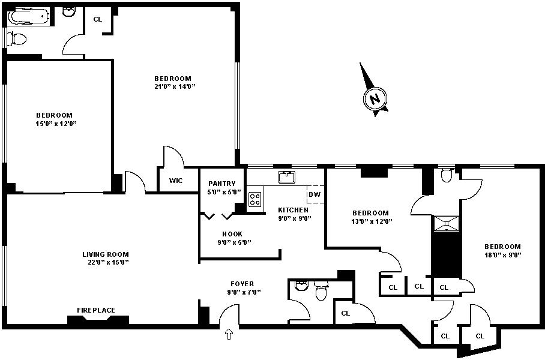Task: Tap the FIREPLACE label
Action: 96,310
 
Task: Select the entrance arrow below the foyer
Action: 229,334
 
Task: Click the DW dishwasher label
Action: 314,194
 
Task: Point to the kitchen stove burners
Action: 255,199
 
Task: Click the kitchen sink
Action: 287,177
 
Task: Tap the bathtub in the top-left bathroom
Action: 28,17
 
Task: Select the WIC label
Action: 176,181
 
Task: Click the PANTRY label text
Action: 222,184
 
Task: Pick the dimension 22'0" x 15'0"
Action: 106,262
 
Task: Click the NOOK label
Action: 232,234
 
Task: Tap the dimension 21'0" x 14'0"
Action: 173,86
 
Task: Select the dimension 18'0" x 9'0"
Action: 502,255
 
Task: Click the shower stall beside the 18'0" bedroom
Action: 446,223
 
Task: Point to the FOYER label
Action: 242,284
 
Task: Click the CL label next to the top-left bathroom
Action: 98,19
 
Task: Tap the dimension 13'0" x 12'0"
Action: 370,221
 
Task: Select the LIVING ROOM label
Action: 106,254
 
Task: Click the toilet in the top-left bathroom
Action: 18,40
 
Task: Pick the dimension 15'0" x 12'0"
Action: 54,124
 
